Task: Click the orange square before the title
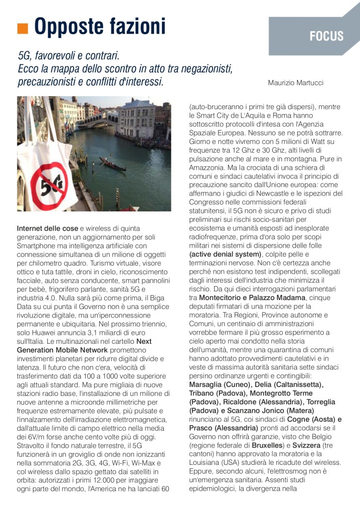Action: [22, 28]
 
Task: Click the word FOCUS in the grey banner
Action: [326, 36]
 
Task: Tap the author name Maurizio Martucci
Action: [295, 82]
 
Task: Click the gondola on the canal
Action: [112, 164]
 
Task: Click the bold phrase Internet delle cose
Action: [48, 229]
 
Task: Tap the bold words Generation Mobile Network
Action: [62, 350]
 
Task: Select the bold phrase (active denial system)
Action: [225, 254]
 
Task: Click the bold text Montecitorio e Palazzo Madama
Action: [252, 298]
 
